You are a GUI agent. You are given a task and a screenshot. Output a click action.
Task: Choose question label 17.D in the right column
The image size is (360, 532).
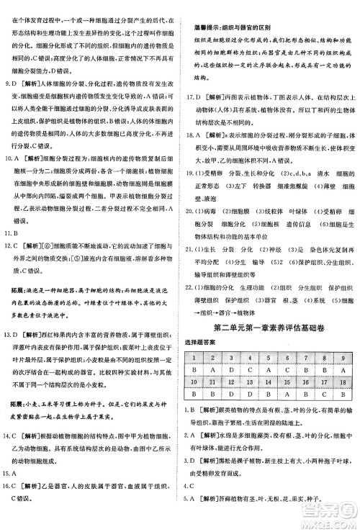point(194,96)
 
